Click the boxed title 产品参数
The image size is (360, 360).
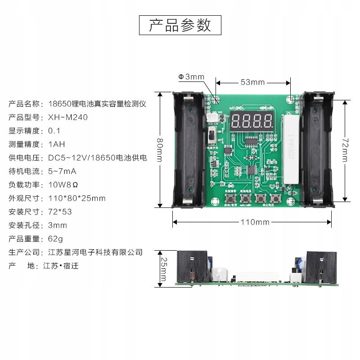coord(180,25)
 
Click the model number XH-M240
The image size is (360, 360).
coord(68,117)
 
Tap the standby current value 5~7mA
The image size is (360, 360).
coord(62,171)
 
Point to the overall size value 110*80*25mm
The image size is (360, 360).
coord(77,198)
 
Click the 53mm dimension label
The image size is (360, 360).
coord(252,82)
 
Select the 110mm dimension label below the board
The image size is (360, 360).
coord(255,222)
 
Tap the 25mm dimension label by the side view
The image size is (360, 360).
coord(164,269)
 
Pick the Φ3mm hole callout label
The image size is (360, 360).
coord(191,77)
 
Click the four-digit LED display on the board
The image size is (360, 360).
coord(252,121)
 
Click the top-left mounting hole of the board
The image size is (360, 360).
coord(216,99)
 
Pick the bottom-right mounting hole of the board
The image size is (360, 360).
coord(293,193)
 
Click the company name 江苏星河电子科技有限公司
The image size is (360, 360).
coord(95,252)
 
